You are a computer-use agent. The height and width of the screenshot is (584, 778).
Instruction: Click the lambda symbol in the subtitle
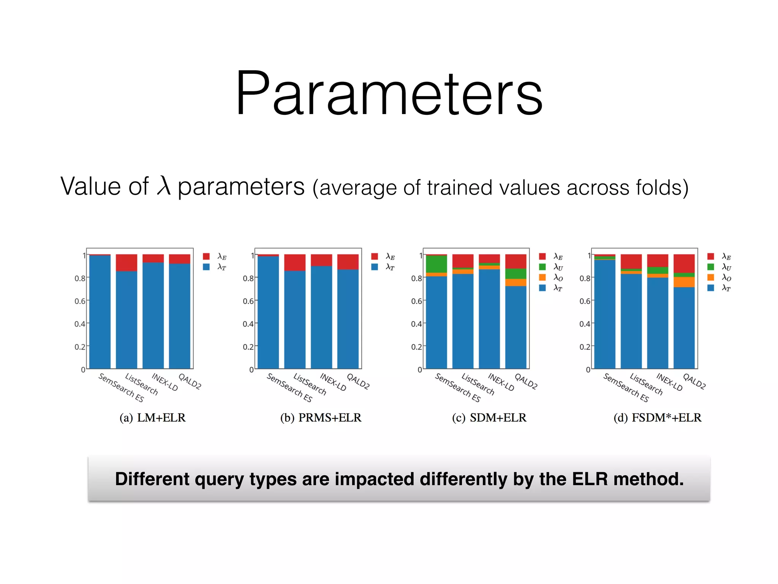[x=163, y=186]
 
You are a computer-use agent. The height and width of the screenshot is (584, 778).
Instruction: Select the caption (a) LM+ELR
[x=153, y=417]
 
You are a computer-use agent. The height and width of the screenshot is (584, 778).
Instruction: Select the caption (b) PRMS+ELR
[x=321, y=417]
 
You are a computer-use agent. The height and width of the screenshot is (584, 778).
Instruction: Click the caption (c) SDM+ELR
[x=489, y=417]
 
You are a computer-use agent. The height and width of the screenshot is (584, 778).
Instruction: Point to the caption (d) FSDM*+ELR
[x=658, y=417]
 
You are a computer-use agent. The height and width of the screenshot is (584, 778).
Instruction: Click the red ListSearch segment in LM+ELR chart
[x=127, y=263]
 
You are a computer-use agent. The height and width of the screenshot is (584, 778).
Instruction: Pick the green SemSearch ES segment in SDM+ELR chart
[x=436, y=264]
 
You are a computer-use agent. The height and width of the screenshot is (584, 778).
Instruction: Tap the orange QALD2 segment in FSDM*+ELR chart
[x=684, y=282]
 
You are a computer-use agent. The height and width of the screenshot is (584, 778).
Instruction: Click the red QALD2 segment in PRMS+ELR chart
[x=348, y=262]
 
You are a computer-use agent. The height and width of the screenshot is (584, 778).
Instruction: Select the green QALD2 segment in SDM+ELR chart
[x=516, y=274]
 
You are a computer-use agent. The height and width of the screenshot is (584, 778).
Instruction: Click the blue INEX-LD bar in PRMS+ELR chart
[x=321, y=317]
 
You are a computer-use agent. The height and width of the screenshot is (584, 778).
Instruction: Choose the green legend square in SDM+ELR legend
[x=542, y=267]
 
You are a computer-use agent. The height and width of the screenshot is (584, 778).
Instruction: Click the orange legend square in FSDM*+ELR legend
[x=711, y=278]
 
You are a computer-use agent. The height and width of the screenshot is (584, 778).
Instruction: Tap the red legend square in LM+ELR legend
[x=206, y=256]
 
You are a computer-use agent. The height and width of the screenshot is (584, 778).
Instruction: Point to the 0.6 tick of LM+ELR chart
[x=80, y=301]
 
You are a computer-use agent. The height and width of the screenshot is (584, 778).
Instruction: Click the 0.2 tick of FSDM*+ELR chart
[x=585, y=347]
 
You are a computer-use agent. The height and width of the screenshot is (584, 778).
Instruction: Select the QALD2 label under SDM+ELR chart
[x=526, y=381]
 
